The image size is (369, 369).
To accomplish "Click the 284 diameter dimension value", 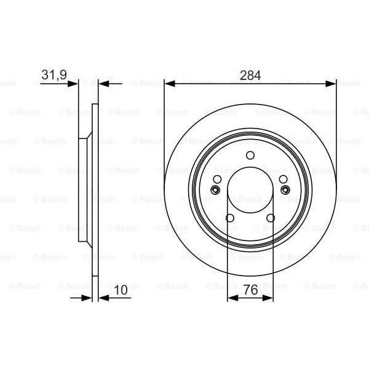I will (x=250, y=76).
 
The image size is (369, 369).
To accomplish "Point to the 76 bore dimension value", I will (x=250, y=288).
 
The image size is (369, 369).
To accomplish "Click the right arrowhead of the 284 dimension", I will (x=331, y=83).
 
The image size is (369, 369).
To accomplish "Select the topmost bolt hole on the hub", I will (x=250, y=156).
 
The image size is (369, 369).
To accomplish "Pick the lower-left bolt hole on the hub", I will (x=230, y=218).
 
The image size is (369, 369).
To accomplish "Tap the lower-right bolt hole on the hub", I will (x=270, y=218).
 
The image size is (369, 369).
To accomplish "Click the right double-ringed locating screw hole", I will (x=284, y=191).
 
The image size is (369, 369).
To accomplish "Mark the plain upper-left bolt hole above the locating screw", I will (x=217, y=179).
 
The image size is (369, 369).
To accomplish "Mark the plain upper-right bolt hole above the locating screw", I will (x=282, y=179).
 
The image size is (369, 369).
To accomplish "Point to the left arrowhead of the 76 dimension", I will (x=232, y=298).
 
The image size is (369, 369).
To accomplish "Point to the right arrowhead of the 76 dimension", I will (x=268, y=298).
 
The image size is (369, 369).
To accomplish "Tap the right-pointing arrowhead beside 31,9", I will (x=74, y=83).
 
